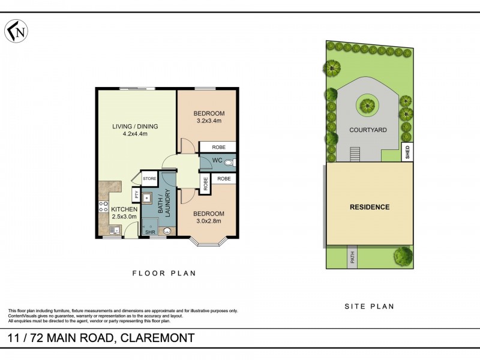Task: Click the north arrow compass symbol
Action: [16, 31]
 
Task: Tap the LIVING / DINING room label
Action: [135, 126]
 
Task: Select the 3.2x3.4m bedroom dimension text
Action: [209, 121]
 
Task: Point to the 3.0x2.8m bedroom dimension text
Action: [209, 221]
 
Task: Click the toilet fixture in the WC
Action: [229, 162]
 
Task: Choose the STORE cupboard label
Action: [149, 179]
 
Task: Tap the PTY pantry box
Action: [137, 196]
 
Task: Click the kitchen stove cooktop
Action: [102, 207]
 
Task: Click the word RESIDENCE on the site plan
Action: [370, 207]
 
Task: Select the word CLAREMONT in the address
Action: [157, 338]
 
